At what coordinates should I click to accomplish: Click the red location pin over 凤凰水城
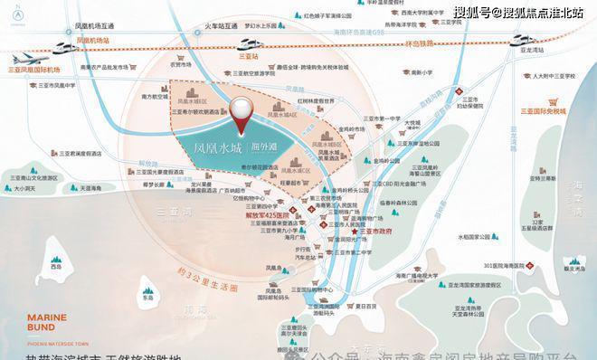[x=242, y=117]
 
